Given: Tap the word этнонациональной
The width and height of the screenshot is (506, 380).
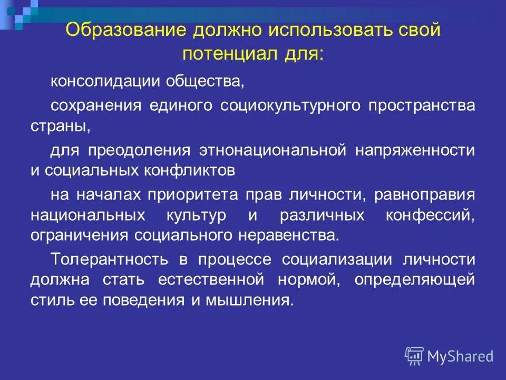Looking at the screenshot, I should pyautogui.click(x=272, y=150).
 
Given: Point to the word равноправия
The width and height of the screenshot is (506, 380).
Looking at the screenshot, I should pyautogui.click(x=424, y=195).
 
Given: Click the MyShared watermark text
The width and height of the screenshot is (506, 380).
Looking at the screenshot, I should pyautogui.click(x=460, y=357).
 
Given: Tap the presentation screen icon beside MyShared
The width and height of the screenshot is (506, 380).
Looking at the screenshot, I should pyautogui.click(x=414, y=356).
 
